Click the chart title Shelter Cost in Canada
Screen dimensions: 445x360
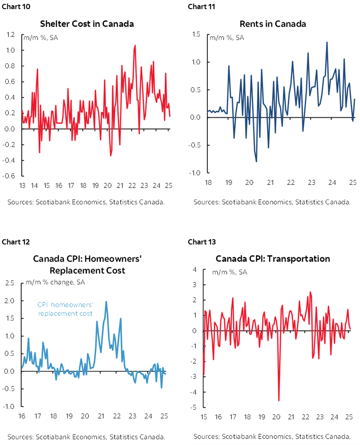pyautogui.click(x=87, y=23)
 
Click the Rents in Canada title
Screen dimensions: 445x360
pyautogui.click(x=273, y=23)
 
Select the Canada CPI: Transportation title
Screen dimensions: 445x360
pyautogui.click(x=273, y=259)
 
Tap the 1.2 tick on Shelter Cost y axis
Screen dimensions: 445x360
pyautogui.click(x=10, y=35)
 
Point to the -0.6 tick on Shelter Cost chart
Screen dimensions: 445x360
pyautogui.click(x=10, y=176)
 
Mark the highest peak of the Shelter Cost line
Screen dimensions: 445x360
pyautogui.click(x=135, y=45)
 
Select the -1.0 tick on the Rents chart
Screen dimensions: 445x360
pyautogui.click(x=195, y=173)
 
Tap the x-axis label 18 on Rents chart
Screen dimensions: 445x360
pyautogui.click(x=208, y=183)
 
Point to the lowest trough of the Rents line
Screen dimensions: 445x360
pyautogui.click(x=256, y=162)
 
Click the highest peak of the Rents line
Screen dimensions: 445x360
pyautogui.click(x=327, y=42)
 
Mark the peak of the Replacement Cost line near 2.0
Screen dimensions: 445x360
pyautogui.click(x=106, y=301)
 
